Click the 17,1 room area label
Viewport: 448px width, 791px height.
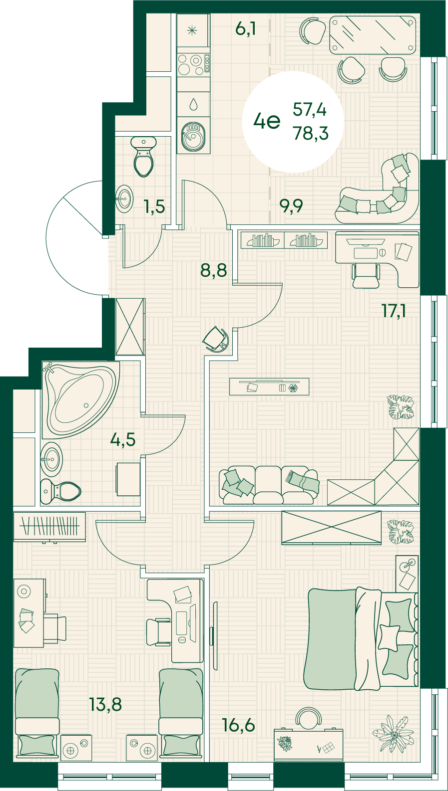click(x=394, y=311)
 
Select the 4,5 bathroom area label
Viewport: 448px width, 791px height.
click(x=123, y=440)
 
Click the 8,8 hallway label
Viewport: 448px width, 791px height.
click(x=214, y=270)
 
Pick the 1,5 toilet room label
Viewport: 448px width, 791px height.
click(x=154, y=206)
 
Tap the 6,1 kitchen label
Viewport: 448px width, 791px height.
click(x=245, y=28)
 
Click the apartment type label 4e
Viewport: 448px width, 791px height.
click(x=267, y=122)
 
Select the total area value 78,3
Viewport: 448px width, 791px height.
click(x=311, y=133)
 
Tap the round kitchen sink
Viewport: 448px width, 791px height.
click(x=191, y=137)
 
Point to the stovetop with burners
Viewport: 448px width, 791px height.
click(x=193, y=64)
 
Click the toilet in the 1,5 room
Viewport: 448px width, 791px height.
click(x=143, y=157)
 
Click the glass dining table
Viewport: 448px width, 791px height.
click(x=372, y=35)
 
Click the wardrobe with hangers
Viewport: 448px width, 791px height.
click(x=49, y=527)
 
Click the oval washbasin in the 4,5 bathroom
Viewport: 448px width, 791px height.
click(x=51, y=459)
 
